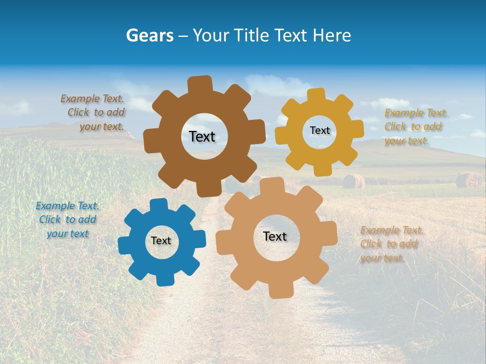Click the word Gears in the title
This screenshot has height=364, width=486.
click(149, 35)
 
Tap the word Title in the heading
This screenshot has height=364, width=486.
click(251, 35)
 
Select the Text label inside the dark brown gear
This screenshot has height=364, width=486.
click(202, 136)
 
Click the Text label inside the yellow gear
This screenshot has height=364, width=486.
click(319, 130)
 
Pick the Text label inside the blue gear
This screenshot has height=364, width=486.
click(161, 241)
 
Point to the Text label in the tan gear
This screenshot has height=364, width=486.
click(275, 236)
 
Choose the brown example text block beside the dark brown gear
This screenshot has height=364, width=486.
click(94, 113)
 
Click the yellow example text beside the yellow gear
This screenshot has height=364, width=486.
click(415, 126)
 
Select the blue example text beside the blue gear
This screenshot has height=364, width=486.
click(67, 219)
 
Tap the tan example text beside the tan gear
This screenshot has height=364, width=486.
click(391, 244)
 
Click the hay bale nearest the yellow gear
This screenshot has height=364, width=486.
click(353, 181)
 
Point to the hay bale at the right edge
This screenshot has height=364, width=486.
click(469, 179)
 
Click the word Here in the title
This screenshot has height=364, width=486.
click(333, 35)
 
